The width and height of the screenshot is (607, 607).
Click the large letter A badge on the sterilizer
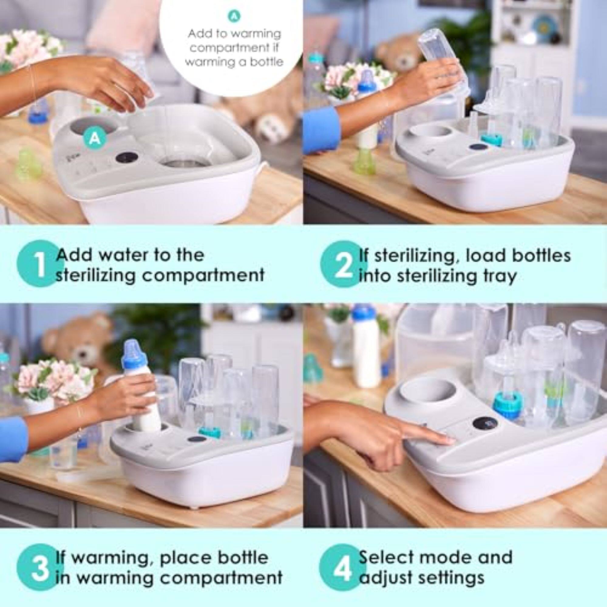pyautogui.click(x=95, y=139)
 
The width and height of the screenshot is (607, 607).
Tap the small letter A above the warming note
pyautogui.click(x=234, y=17)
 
